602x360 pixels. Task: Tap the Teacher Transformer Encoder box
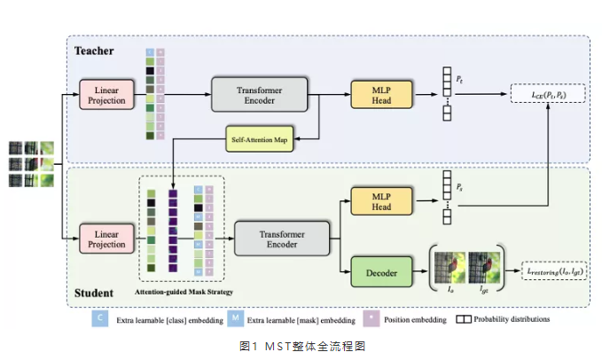[259, 96]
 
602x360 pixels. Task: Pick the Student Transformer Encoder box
[281, 238]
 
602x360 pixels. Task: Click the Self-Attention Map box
[260, 138]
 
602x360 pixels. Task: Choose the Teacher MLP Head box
[381, 96]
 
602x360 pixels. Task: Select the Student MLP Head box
[381, 201]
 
